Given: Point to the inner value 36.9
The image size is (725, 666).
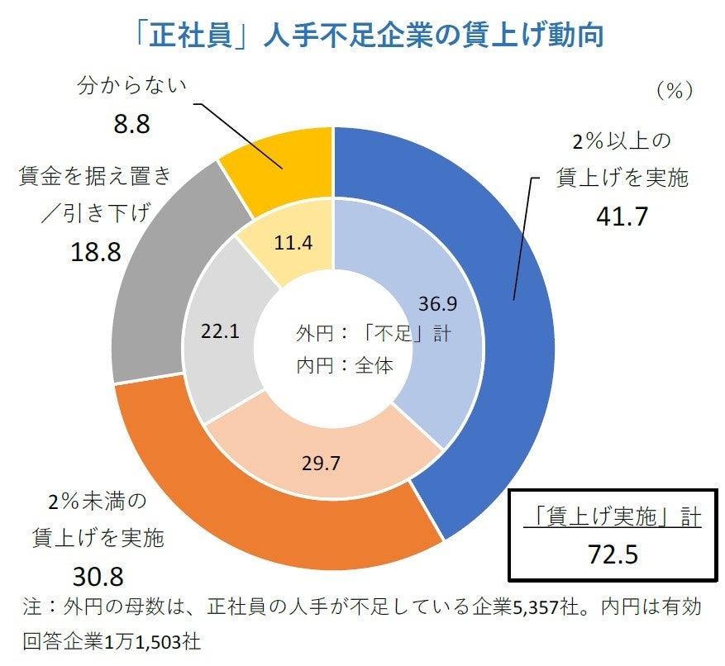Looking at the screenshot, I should (x=437, y=303).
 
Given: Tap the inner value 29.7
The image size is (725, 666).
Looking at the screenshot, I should (x=321, y=463).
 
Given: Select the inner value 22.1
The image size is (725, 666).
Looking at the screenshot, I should (x=220, y=331).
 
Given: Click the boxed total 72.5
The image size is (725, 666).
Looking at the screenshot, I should (x=612, y=554).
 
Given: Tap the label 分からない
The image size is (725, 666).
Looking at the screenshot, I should (x=132, y=84).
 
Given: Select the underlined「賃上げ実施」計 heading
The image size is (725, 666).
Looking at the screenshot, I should (x=613, y=517).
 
